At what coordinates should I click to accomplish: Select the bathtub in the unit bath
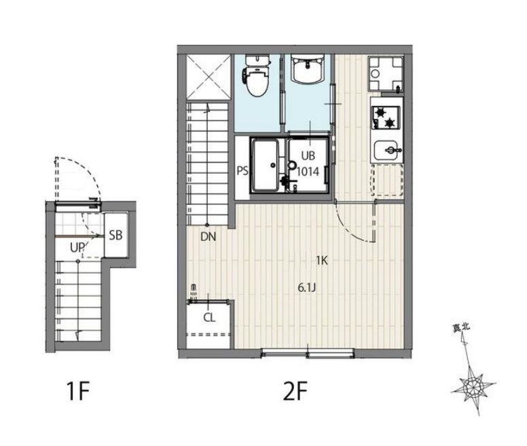pos(266,165)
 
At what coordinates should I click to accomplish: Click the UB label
pos(308,155)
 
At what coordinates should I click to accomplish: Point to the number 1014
pos(308,172)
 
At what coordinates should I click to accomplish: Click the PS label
pos(242,171)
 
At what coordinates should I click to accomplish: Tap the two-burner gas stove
pos(386,118)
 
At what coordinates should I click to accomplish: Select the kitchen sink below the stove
pos(388,151)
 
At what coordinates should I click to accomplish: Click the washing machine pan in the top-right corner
pos(386,73)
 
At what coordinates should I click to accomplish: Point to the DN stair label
pos(208,237)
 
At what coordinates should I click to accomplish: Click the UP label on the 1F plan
pos(77,248)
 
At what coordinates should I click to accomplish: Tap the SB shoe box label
pos(115,235)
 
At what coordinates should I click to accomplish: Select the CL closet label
pos(209,317)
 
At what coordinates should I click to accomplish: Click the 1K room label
pos(322,260)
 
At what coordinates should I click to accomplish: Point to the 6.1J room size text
pos(306,287)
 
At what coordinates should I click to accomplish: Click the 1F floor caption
pos(77,391)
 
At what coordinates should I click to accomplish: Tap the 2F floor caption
pos(295,391)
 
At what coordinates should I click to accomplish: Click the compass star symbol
pos(473,386)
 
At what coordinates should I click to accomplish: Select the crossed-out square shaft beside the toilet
pos(208,77)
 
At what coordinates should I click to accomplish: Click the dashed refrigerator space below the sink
pos(387,180)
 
